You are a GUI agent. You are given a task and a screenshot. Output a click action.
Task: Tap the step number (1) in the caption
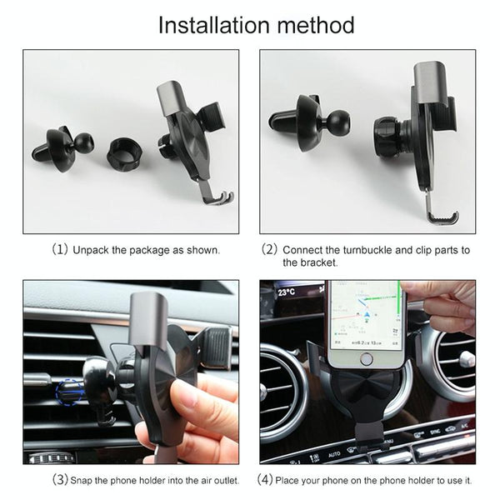[60, 249]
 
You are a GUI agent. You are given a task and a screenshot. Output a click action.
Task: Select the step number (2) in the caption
[269, 249]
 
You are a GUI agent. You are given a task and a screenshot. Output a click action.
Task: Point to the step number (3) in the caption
[60, 480]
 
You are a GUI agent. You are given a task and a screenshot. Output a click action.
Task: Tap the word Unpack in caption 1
[91, 249]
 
